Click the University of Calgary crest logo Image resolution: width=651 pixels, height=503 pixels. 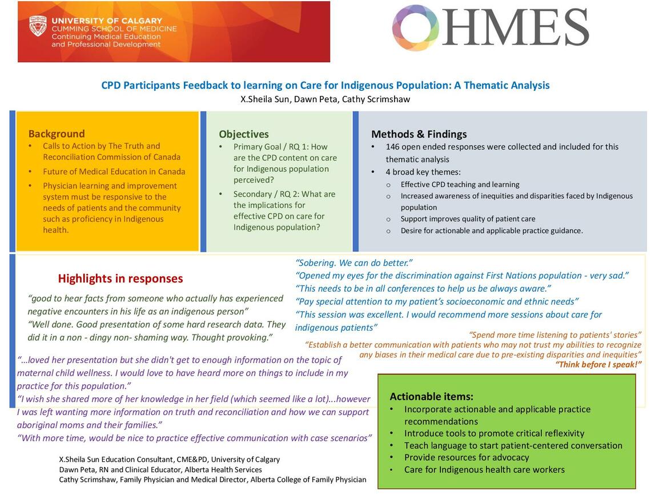point(38,26)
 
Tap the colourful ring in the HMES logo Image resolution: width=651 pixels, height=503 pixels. point(415,27)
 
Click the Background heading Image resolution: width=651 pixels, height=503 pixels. point(57,134)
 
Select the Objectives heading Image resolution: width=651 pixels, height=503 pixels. point(244,134)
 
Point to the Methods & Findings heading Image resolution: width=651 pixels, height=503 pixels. point(419,134)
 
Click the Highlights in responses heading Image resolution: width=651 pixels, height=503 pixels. point(120,279)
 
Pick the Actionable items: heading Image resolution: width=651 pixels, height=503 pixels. point(431,396)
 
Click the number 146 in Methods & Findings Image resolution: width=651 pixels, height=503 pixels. point(393,147)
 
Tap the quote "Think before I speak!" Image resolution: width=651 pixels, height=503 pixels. point(598,364)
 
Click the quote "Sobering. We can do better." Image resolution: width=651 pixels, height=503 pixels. point(353,263)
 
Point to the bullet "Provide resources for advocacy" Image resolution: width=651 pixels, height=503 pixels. point(467,457)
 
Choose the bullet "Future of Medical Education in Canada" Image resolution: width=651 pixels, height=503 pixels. point(114,171)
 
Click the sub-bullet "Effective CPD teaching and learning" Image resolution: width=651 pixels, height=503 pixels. point(460,184)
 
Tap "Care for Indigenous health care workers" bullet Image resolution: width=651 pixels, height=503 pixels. point(484,469)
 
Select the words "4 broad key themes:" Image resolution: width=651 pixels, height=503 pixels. point(423,172)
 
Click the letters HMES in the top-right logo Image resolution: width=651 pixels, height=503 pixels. point(515,27)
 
